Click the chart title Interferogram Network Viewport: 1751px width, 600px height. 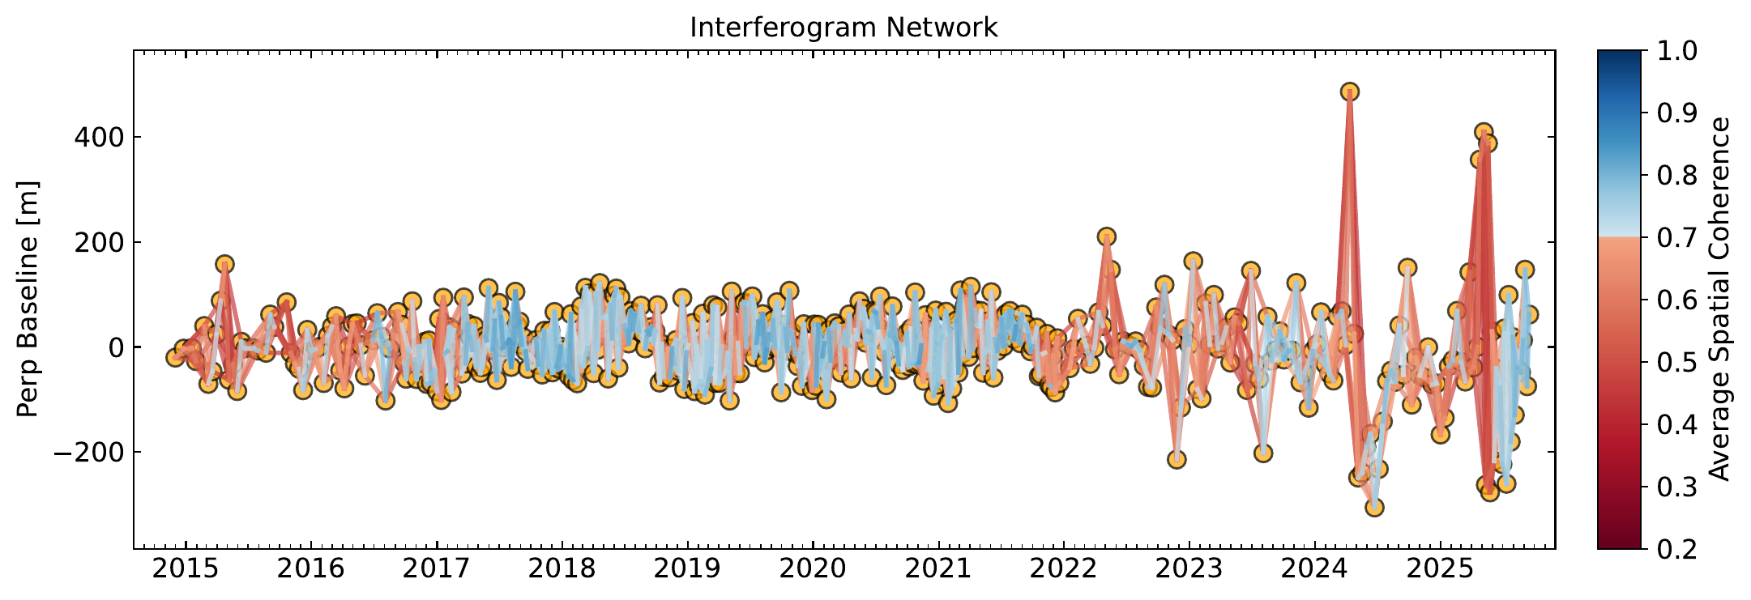(843, 28)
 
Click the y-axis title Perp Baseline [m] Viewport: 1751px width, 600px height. (28, 298)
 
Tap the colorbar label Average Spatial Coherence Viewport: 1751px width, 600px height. (1719, 299)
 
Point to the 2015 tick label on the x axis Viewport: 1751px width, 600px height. (186, 568)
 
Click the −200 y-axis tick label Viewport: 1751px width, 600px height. (86, 452)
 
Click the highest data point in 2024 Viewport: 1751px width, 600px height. (1349, 91)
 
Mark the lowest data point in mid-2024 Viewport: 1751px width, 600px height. (1374, 508)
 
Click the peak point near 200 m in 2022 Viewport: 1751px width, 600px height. (1107, 236)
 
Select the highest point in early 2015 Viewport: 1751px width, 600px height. (224, 264)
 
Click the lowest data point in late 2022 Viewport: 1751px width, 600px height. (1177, 459)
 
